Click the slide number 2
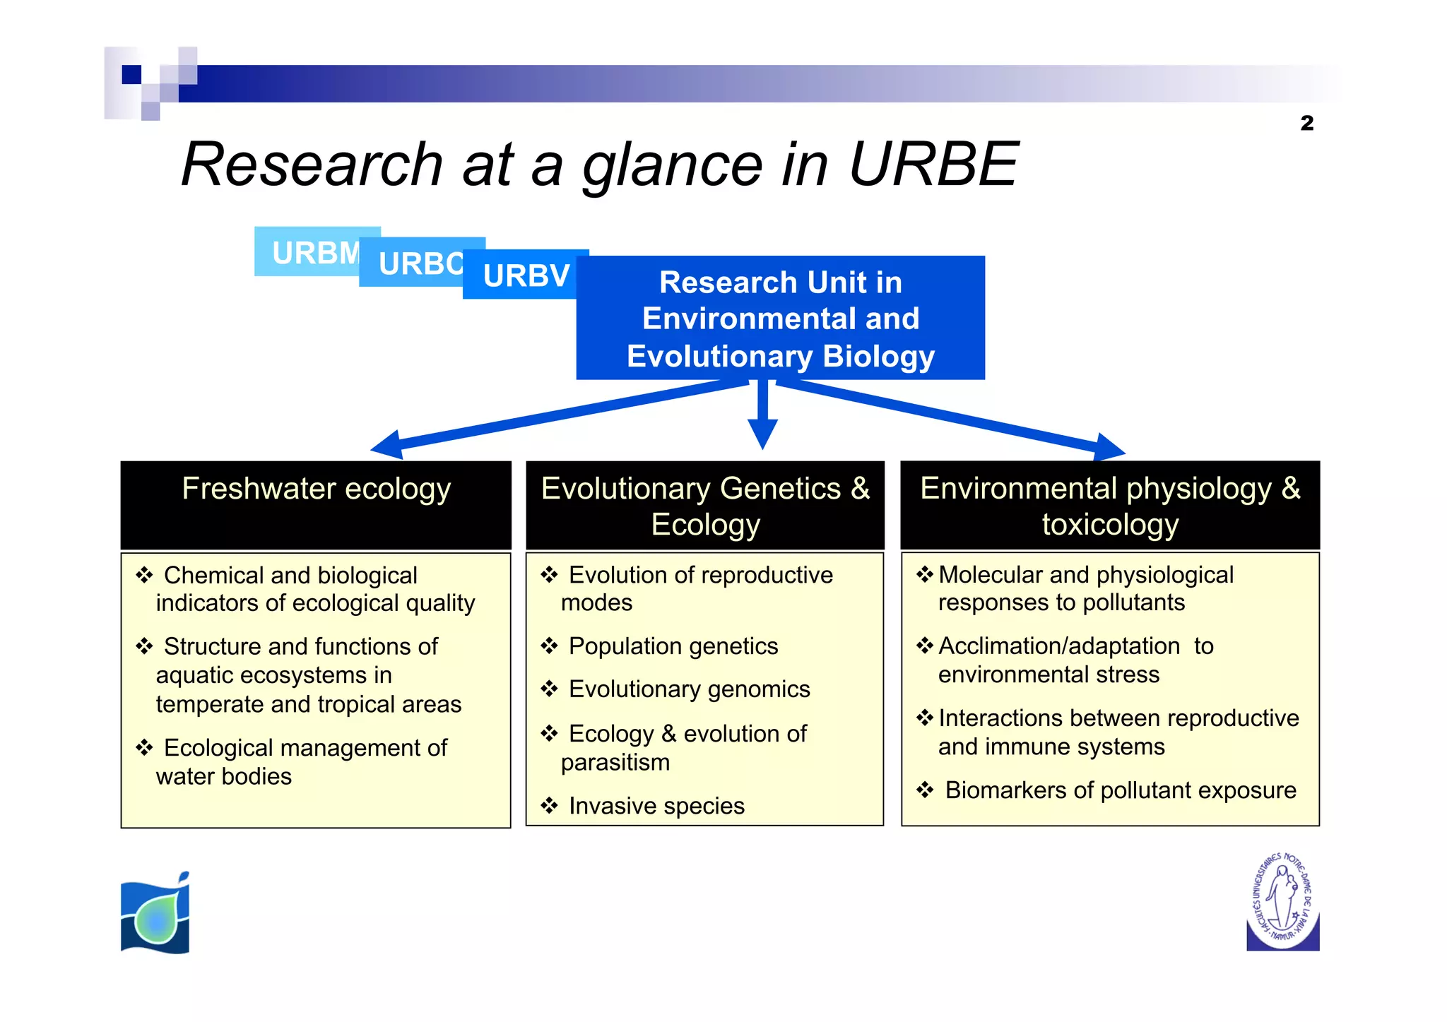tap(1306, 123)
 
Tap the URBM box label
tap(315, 253)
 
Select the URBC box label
tap(420, 264)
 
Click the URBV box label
tap(526, 275)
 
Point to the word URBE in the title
tap(933, 165)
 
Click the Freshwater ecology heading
tap(316, 489)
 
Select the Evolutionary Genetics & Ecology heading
tap(705, 506)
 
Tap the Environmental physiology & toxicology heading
tap(1110, 506)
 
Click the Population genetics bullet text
tap(673, 646)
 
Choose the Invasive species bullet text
tap(656, 806)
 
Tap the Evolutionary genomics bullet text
tap(689, 689)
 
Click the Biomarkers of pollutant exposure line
tap(1120, 790)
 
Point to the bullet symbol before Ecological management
tap(145, 747)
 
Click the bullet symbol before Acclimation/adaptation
tap(925, 646)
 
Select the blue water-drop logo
tap(155, 913)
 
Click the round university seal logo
tap(1282, 901)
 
